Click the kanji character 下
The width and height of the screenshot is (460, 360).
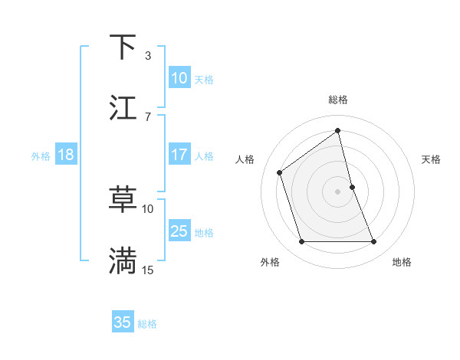pyautogui.click(x=123, y=47)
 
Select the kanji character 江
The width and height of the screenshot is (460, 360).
pyautogui.click(x=123, y=108)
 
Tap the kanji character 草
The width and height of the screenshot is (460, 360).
pyautogui.click(x=123, y=200)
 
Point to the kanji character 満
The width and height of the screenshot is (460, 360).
pyautogui.click(x=123, y=260)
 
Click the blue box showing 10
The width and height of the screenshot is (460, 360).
pyautogui.click(x=179, y=78)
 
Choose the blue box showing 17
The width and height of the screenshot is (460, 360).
pyautogui.click(x=179, y=155)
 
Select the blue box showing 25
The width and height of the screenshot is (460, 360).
pyautogui.click(x=179, y=231)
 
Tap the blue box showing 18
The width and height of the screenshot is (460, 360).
pyautogui.click(x=66, y=155)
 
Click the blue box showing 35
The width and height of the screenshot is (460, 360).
pyautogui.click(x=123, y=322)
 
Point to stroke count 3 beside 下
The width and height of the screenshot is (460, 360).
pyautogui.click(x=148, y=56)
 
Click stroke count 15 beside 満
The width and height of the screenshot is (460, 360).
pyautogui.click(x=148, y=270)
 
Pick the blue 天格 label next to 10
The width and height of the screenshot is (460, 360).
pyautogui.click(x=204, y=79)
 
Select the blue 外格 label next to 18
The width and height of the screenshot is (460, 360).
pyautogui.click(x=41, y=155)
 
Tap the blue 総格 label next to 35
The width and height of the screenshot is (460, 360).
pyautogui.click(x=147, y=323)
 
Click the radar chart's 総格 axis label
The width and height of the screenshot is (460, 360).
pyautogui.click(x=338, y=100)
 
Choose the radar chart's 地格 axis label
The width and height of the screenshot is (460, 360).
pyautogui.click(x=402, y=262)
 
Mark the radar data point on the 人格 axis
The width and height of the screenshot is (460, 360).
pyautogui.click(x=280, y=172)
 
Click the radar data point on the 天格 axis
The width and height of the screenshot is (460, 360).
pyautogui.click(x=352, y=186)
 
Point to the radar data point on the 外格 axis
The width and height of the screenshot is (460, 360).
pyautogui.click(x=301, y=242)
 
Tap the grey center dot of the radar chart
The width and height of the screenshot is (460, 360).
pyautogui.click(x=338, y=191)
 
